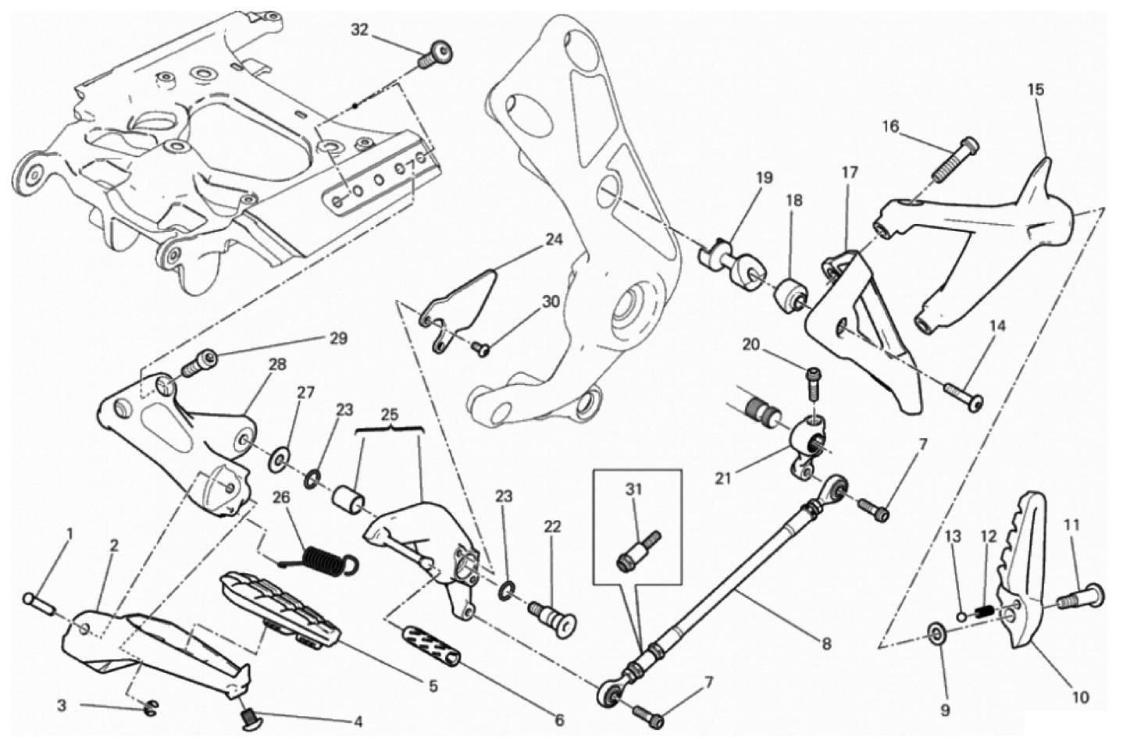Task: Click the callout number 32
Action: tap(359, 30)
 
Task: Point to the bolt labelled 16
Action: tap(956, 160)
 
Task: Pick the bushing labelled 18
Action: tap(792, 297)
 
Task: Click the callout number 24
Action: tap(553, 240)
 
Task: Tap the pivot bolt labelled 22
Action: tap(554, 616)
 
